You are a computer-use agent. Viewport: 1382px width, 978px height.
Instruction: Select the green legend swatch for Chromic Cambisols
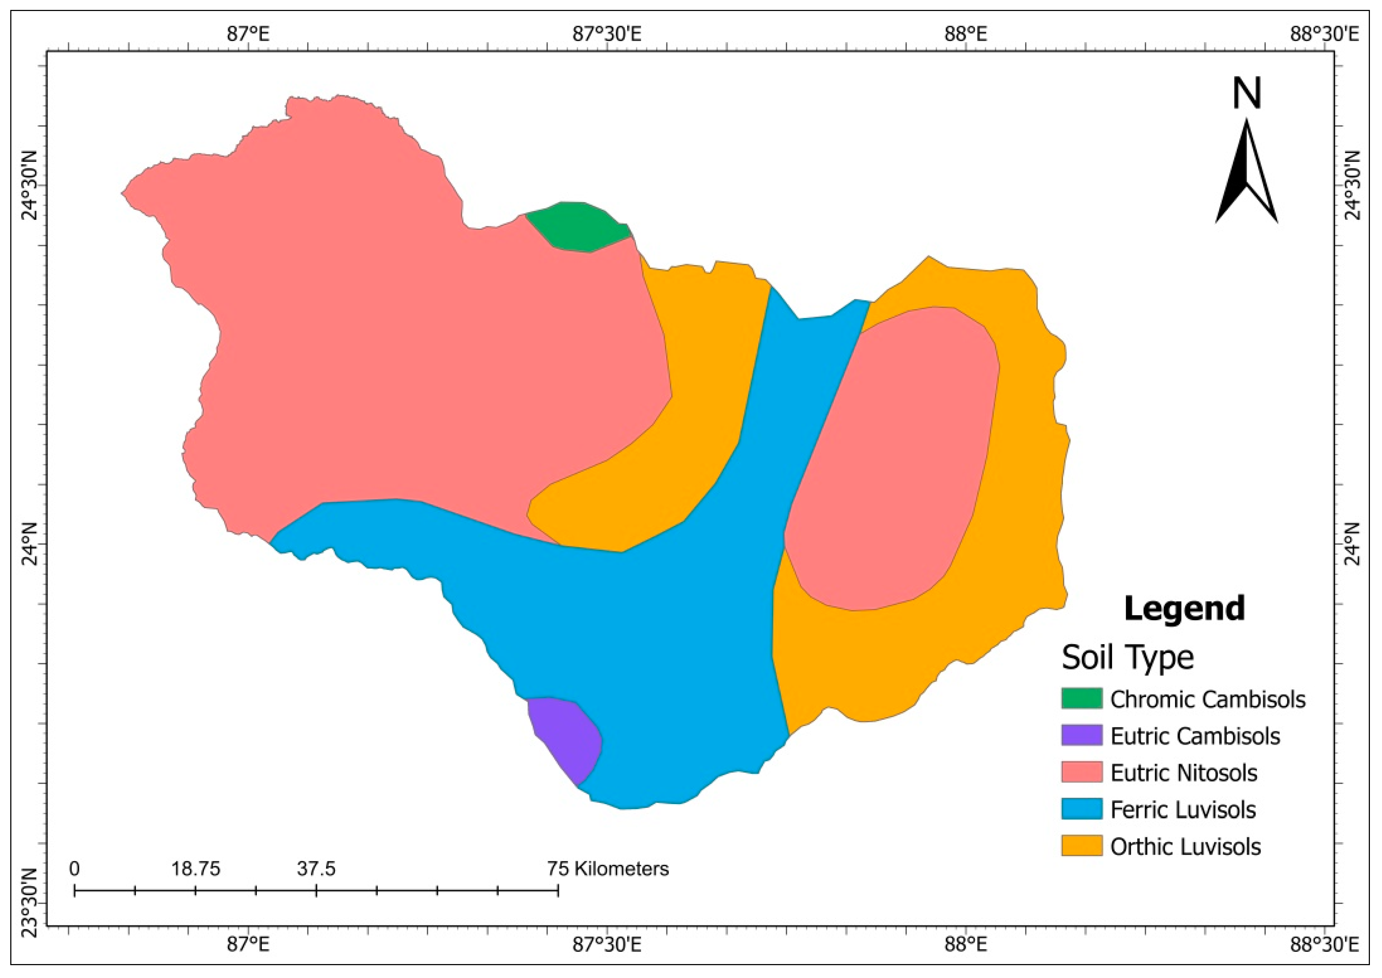coord(1082,698)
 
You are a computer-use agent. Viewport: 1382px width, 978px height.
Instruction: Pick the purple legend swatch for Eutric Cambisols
coord(1082,735)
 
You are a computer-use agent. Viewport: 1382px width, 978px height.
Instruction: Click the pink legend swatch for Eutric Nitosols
coord(1082,773)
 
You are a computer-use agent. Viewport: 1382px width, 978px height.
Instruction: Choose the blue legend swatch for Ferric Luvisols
coord(1082,809)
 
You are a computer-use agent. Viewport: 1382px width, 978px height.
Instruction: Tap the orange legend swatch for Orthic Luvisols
coord(1082,846)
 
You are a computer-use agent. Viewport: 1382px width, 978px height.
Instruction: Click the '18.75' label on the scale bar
coord(196,869)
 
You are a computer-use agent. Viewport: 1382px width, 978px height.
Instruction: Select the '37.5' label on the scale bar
coord(316,869)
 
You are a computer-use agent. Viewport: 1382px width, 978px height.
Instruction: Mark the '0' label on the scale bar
coord(74,869)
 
